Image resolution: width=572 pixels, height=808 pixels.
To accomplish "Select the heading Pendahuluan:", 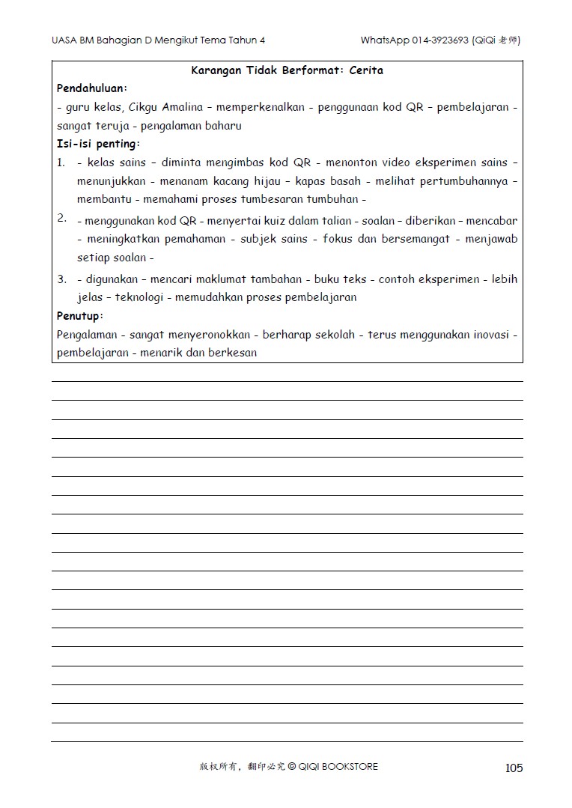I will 92,88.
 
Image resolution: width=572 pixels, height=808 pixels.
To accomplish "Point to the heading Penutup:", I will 79,316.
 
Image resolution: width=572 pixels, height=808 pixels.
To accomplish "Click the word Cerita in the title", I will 366,70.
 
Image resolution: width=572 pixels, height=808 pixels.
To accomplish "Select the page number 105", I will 514,768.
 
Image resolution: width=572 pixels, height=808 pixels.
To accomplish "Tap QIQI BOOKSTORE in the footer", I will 338,767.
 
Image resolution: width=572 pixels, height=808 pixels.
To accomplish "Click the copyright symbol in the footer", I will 292,767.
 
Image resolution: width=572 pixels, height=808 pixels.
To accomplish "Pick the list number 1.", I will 61,162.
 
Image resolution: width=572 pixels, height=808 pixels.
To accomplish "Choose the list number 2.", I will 61,219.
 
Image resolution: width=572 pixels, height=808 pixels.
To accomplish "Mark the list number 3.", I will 61,279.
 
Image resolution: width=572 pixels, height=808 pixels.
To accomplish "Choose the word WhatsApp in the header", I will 384,40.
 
